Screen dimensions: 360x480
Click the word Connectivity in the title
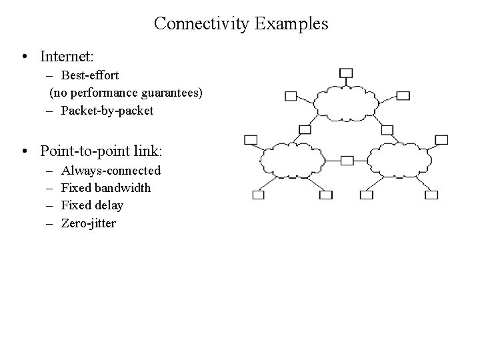[201, 24]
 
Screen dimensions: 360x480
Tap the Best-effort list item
[89, 76]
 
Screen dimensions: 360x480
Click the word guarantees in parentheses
[169, 93]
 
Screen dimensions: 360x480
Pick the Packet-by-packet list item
[107, 111]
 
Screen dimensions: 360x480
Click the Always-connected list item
[111, 171]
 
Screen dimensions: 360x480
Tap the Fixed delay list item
[92, 205]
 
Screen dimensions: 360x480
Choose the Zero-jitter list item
[88, 223]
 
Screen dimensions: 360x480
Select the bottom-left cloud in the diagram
[291, 161]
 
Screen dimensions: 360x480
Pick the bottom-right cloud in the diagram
[399, 160]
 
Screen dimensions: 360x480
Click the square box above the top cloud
[346, 73]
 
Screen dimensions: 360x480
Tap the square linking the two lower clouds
[347, 161]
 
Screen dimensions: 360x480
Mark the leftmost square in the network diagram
[251, 139]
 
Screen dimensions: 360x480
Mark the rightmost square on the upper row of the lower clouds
[441, 139]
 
